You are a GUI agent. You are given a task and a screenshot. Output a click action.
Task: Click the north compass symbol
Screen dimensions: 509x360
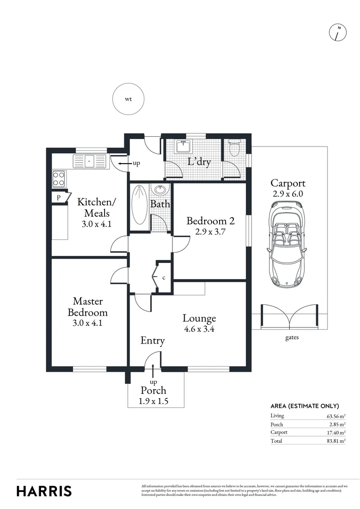[x=337, y=33]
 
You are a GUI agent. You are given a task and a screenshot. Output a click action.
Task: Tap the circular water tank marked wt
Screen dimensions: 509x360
[x=128, y=99]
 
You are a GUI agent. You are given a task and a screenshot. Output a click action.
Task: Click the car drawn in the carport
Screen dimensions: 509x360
[x=286, y=244]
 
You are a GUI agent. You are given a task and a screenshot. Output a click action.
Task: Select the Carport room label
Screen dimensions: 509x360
[x=288, y=183]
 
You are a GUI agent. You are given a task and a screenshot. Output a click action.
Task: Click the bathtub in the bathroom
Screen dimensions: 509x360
[x=139, y=205]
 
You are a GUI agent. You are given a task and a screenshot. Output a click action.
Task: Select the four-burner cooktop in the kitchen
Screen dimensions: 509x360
[x=59, y=178]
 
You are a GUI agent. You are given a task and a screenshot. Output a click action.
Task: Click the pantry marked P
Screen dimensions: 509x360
[x=58, y=197]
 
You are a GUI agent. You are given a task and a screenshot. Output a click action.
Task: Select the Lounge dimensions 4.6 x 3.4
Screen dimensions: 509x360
[x=199, y=329]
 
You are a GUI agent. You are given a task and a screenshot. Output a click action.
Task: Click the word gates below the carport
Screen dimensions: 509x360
[x=291, y=337]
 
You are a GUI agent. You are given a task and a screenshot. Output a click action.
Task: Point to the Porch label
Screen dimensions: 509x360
[x=154, y=390]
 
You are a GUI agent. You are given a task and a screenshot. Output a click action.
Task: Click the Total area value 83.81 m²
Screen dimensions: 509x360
[x=336, y=441]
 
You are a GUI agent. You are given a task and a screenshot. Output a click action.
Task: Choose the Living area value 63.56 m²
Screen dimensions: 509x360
[x=336, y=416]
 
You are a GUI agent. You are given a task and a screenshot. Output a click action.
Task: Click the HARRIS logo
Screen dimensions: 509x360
[x=44, y=491]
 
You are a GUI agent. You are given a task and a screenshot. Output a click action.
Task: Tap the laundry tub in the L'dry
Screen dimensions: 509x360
[x=182, y=147]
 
